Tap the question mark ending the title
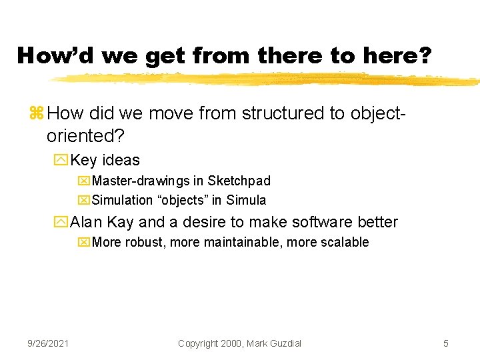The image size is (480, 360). point(424,55)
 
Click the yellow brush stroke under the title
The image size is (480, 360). point(267,79)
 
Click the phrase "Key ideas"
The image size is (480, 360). point(105,160)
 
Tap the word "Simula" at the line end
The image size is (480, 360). point(246,201)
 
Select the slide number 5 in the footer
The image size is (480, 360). point(446,343)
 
